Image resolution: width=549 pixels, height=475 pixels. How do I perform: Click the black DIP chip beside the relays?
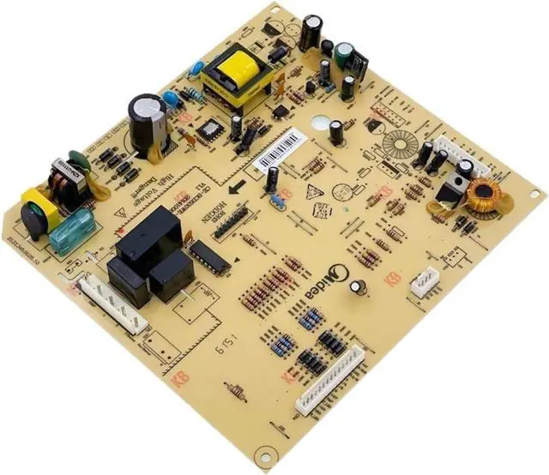[x=208, y=255]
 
